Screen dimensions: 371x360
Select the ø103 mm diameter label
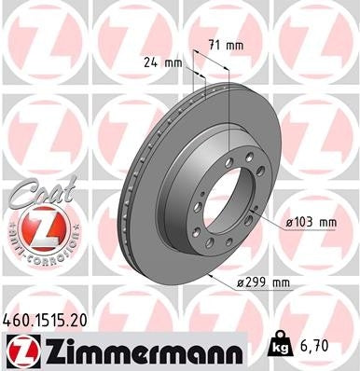coord(310,222)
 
